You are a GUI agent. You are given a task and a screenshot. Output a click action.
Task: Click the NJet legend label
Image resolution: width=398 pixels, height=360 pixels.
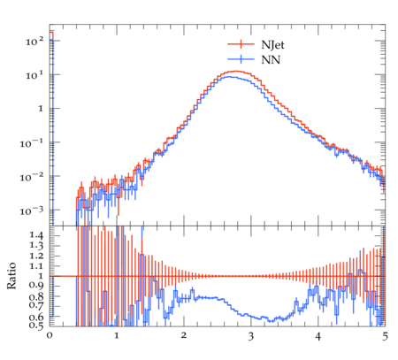click(272, 45)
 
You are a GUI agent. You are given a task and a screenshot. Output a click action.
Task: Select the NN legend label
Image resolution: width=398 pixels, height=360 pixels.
click(270, 60)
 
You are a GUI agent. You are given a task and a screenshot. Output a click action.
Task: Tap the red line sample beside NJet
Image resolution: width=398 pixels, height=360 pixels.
click(241, 44)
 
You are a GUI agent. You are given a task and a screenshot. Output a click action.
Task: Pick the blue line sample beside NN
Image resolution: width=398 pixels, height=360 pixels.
click(241, 59)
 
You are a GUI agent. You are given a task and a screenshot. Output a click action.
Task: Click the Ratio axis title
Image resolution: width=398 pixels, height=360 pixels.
click(11, 275)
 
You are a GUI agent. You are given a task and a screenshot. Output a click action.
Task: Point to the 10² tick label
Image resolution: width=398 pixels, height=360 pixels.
click(34, 41)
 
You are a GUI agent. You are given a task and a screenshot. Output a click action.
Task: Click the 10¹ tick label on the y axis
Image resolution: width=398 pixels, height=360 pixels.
click(34, 75)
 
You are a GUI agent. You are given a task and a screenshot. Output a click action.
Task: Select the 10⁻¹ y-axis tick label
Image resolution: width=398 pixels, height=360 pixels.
click(32, 143)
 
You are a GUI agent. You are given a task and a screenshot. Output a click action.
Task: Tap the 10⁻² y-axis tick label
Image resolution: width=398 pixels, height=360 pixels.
click(32, 177)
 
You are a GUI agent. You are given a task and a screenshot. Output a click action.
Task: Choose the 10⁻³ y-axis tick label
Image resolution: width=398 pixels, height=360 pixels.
click(32, 211)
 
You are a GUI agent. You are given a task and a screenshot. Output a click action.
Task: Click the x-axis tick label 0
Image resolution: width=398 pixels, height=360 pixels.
click(50, 336)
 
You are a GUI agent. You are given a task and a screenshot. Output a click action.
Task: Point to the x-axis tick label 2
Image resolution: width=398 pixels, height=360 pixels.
click(184, 336)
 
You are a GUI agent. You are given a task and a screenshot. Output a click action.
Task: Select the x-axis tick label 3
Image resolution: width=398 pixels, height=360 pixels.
click(251, 336)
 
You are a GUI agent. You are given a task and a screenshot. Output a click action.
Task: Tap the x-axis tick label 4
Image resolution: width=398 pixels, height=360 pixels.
click(318, 336)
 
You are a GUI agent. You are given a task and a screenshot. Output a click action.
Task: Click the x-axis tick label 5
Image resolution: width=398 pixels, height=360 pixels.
click(385, 336)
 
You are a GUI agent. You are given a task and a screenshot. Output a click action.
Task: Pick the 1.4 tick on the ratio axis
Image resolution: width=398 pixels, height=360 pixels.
click(36, 235)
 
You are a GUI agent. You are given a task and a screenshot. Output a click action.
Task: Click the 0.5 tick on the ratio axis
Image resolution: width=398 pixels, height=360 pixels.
click(36, 326)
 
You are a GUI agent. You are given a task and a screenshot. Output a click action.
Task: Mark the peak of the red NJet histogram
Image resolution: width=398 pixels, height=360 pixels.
click(236, 71)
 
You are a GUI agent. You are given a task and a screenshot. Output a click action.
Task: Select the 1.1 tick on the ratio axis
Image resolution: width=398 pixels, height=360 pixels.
click(36, 266)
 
